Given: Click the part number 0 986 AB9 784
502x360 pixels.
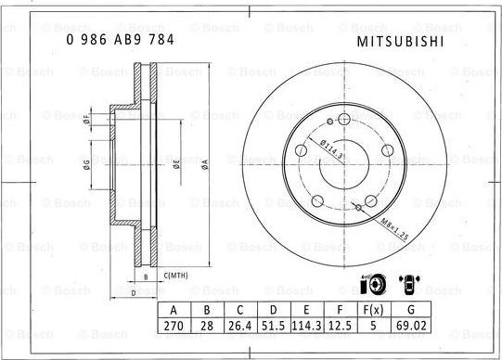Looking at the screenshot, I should [x=119, y=41].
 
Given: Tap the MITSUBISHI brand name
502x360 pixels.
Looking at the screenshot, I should [x=400, y=42].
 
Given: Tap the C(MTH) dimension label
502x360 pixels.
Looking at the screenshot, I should [x=176, y=276].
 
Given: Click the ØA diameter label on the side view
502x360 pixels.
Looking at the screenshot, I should [x=203, y=164].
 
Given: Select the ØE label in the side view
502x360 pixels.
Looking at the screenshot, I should [x=176, y=164].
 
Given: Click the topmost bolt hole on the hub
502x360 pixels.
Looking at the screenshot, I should [x=343, y=120].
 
